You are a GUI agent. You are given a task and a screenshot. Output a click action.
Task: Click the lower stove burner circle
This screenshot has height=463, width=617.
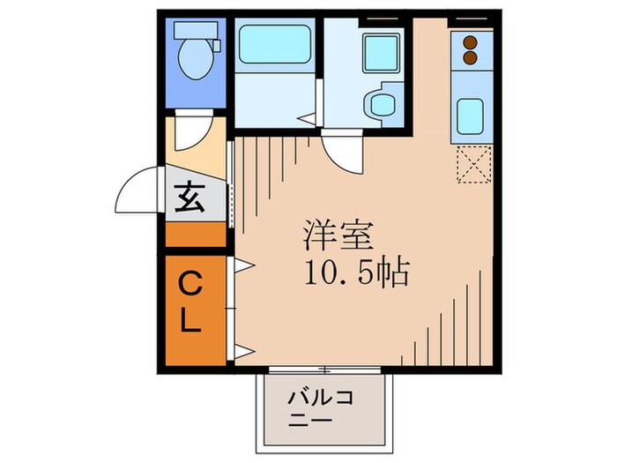point(470,57)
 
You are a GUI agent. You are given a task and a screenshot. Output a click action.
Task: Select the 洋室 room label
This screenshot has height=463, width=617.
point(340,235)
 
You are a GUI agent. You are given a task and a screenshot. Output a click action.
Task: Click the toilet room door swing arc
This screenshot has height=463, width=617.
point(190,134)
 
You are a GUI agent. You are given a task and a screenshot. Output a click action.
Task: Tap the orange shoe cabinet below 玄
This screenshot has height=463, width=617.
point(196,235)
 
